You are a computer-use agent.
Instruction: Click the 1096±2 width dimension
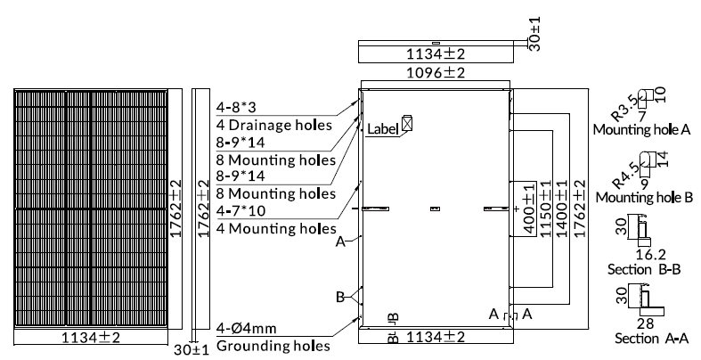pyautogui.click(x=436, y=72)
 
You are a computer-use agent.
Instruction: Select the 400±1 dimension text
pyautogui.click(x=529, y=208)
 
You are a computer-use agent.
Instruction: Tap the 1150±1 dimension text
pyautogui.click(x=545, y=209)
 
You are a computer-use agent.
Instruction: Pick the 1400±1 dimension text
pyautogui.click(x=562, y=209)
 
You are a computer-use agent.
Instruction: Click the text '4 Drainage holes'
pyautogui.click(x=274, y=125)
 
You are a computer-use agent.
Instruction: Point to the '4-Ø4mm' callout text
pyautogui.click(x=247, y=328)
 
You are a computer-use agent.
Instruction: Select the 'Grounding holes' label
pyautogui.click(x=273, y=346)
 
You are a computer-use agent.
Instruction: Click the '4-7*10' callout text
pyautogui.click(x=240, y=210)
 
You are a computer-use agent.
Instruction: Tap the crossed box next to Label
pyautogui.click(x=407, y=123)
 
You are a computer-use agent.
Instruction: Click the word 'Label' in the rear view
pyautogui.click(x=382, y=129)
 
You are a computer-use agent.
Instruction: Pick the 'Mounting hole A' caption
pyautogui.click(x=641, y=129)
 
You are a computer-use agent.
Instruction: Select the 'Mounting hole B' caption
pyautogui.click(x=644, y=197)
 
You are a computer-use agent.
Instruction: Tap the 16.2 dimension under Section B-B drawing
pyautogui.click(x=650, y=255)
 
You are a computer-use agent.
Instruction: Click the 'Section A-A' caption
pyautogui.click(x=651, y=339)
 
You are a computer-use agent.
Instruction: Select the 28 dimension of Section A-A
pyautogui.click(x=646, y=323)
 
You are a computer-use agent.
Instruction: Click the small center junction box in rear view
pyautogui.click(x=435, y=209)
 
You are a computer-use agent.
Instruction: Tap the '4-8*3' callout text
pyautogui.click(x=236, y=107)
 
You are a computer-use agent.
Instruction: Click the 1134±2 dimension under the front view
pyautogui.click(x=91, y=337)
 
